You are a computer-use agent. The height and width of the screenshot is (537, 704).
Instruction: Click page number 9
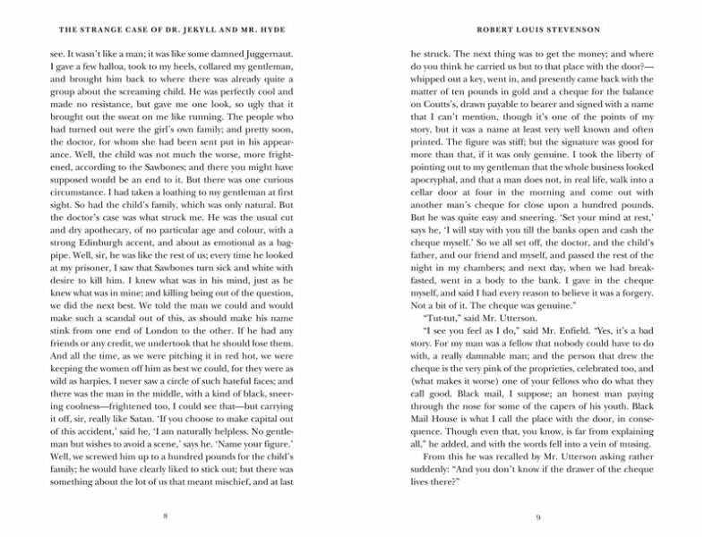click(x=537, y=516)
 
